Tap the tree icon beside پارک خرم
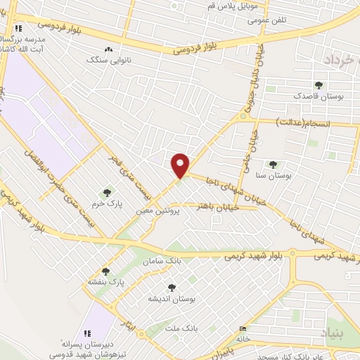(107, 192)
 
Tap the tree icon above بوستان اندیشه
(171, 287)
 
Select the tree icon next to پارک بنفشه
(106, 271)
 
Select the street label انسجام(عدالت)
(304, 124)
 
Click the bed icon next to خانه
(243, 329)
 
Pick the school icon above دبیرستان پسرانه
(87, 333)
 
